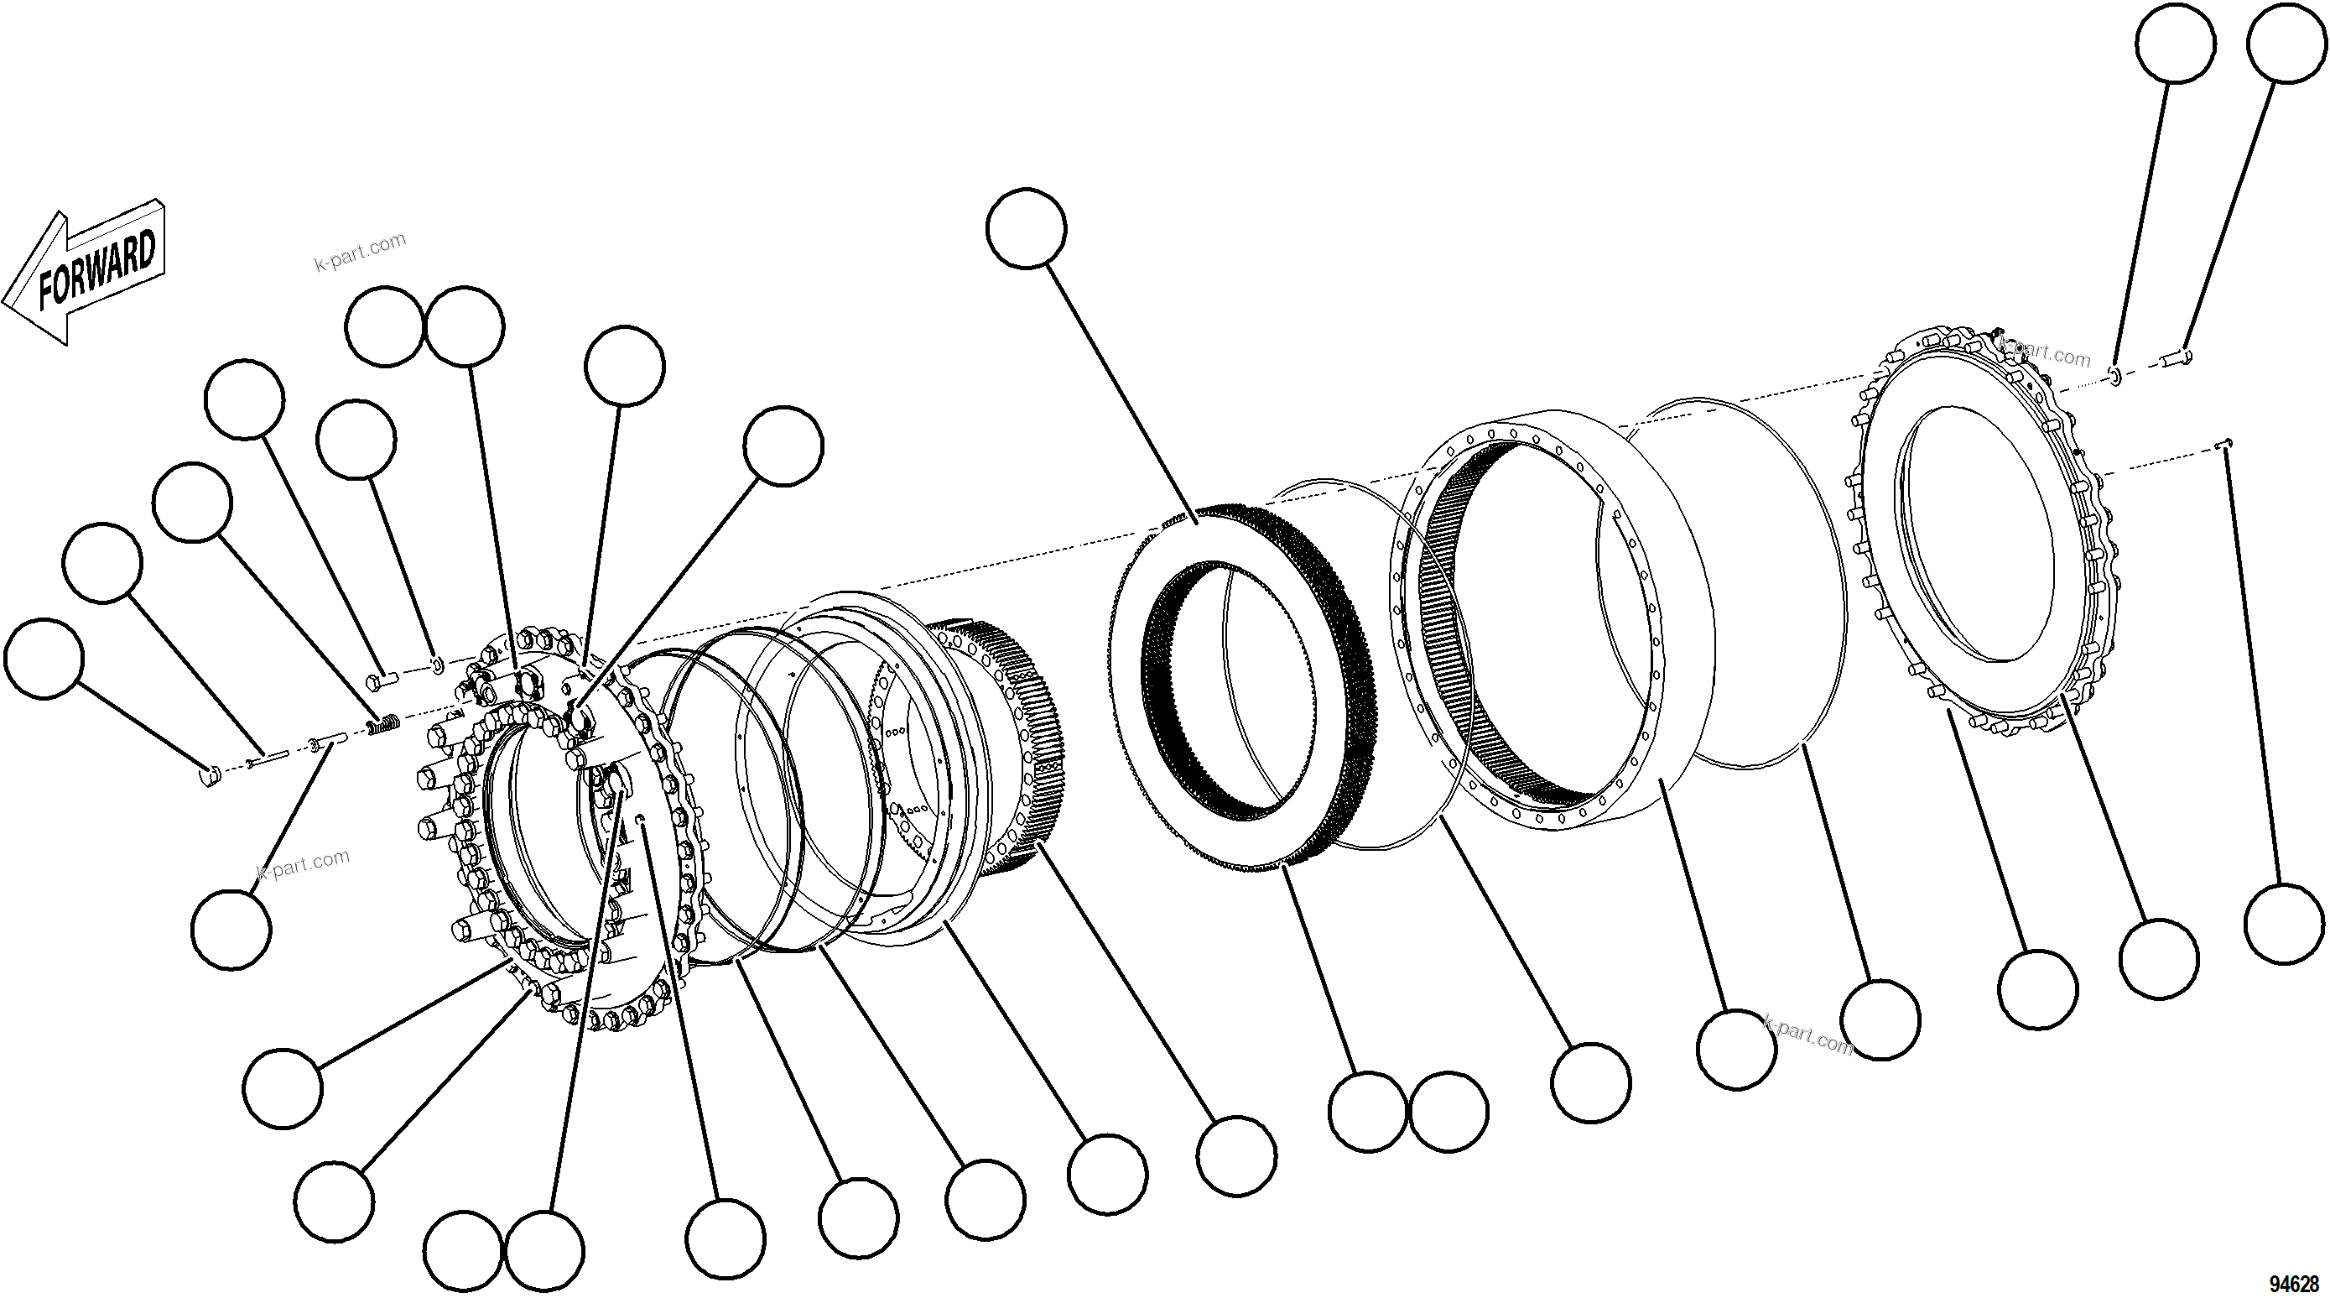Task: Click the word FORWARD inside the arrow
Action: [x=97, y=269]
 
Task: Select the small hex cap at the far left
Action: [x=210, y=775]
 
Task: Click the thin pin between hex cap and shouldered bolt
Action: [x=266, y=758]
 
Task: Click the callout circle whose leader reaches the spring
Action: [x=192, y=503]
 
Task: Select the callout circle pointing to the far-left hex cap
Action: [x=44, y=659]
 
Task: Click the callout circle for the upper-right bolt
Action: [x=2289, y=44]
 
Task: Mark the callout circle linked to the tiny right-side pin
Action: [x=2284, y=924]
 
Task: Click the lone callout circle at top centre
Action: [x=1027, y=228]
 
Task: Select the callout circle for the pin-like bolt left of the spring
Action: [x=231, y=930]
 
